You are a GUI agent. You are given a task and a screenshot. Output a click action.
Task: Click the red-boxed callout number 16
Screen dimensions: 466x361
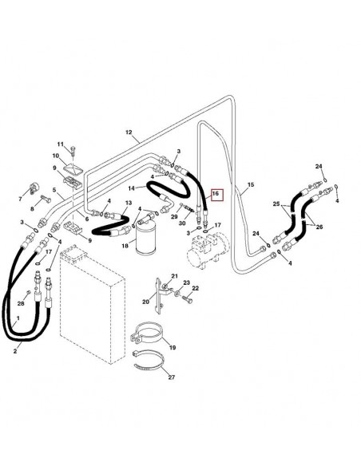[x=213, y=193]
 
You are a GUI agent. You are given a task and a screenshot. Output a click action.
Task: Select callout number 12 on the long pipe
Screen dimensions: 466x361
[x=128, y=130]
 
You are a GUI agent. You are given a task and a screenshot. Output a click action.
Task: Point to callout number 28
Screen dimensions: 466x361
[x=22, y=302]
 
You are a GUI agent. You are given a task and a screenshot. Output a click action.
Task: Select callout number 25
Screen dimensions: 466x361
[x=276, y=205]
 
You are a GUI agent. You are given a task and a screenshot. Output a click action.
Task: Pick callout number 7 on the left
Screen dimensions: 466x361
[x=21, y=195]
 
